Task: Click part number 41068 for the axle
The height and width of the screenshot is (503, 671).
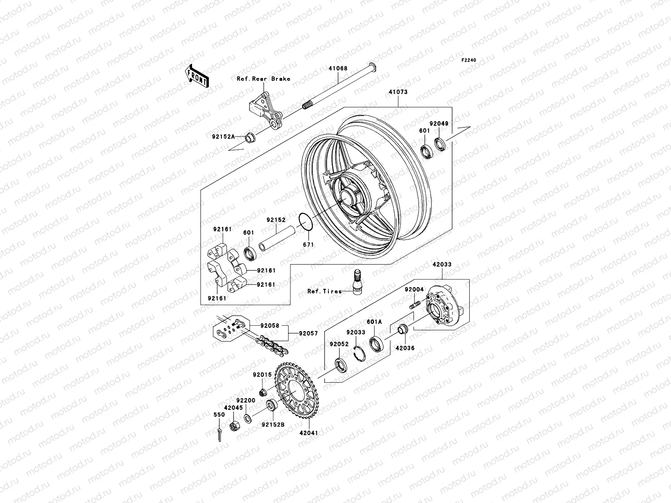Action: (x=338, y=68)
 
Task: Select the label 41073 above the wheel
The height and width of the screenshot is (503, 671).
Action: (x=398, y=92)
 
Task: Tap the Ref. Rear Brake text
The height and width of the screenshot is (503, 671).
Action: (x=269, y=79)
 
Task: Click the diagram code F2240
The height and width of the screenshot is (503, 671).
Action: (x=469, y=60)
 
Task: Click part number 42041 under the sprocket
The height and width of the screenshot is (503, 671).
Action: (x=309, y=433)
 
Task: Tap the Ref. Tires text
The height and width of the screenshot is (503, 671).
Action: (x=324, y=291)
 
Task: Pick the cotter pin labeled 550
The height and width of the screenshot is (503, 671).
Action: (x=219, y=434)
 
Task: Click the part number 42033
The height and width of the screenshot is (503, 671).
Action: (x=442, y=264)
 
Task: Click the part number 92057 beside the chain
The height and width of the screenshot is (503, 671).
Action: (x=308, y=334)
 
